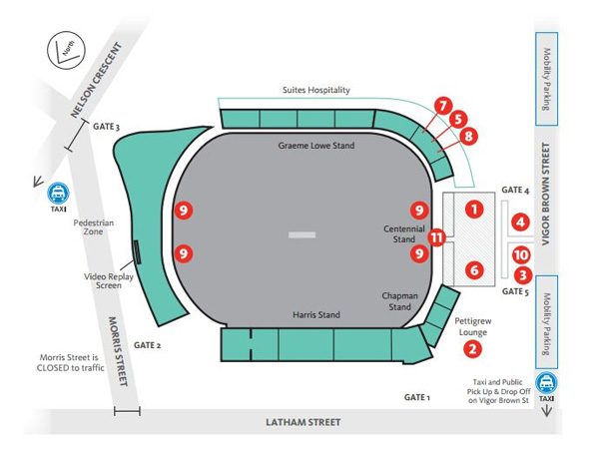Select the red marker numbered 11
point(436,237)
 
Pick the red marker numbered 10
point(520,255)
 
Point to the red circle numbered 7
point(443,104)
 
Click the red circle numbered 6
point(474,269)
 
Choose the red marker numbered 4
point(520,222)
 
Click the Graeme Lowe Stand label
point(315,146)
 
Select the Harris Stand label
point(315,315)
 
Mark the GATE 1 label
point(416,397)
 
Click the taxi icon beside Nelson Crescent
point(59,194)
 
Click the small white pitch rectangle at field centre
point(300,235)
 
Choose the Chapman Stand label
point(399,301)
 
